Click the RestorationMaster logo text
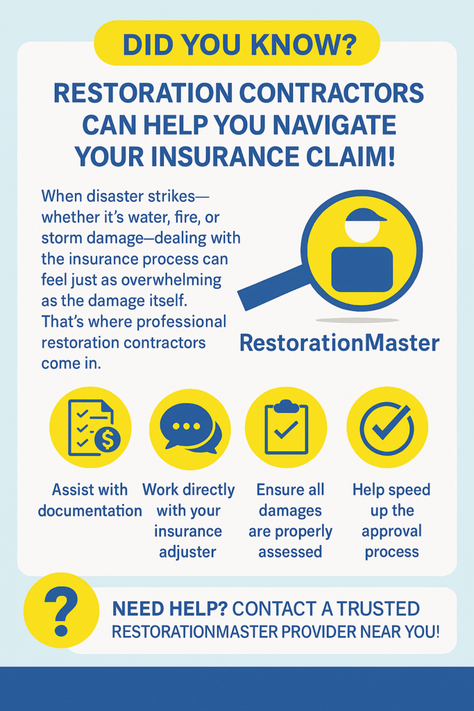(x=339, y=343)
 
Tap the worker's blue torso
(x=362, y=269)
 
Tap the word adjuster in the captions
(x=189, y=553)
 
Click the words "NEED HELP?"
(x=169, y=610)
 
